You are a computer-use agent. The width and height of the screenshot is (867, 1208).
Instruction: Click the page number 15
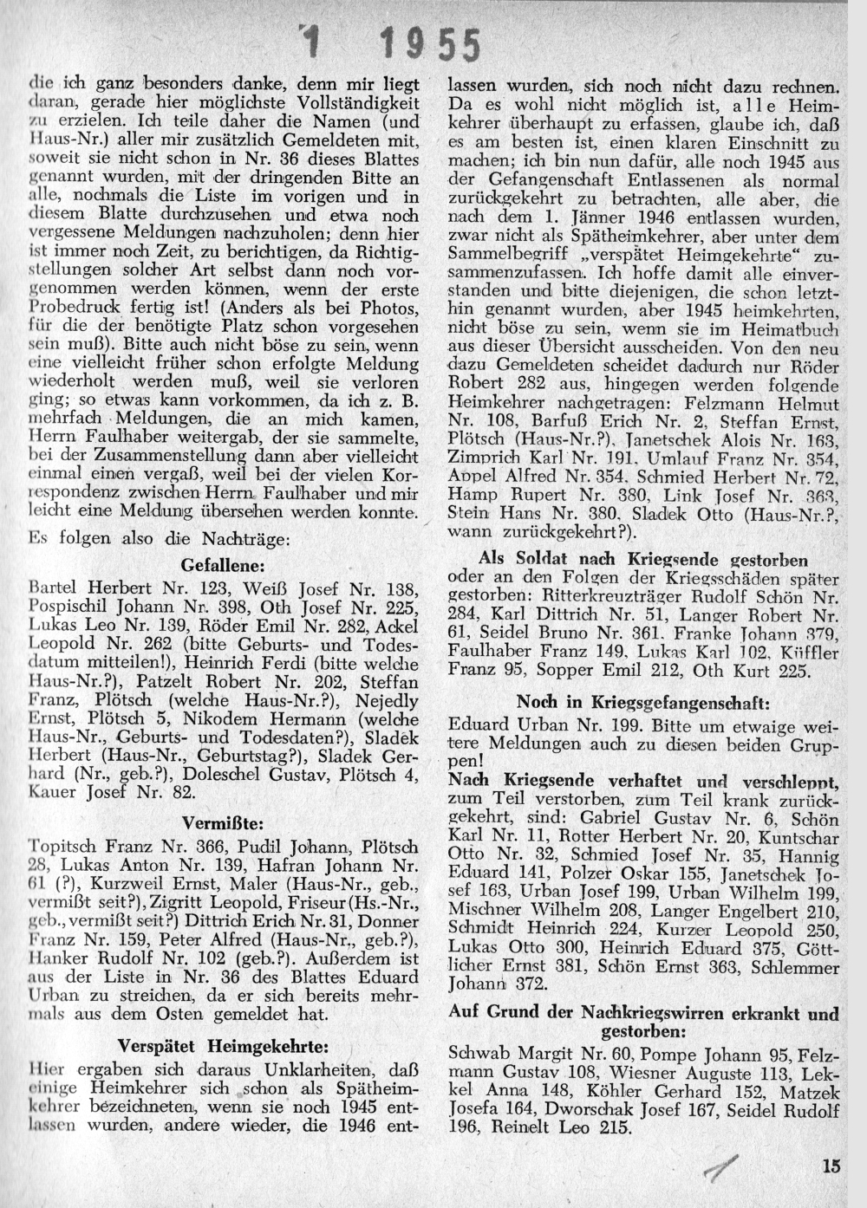[832, 1166]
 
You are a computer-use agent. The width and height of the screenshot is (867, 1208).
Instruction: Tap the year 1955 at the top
[431, 43]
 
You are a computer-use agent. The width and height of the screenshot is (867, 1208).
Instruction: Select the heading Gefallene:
[222, 565]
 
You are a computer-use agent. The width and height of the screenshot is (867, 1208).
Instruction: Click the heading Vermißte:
[222, 819]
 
